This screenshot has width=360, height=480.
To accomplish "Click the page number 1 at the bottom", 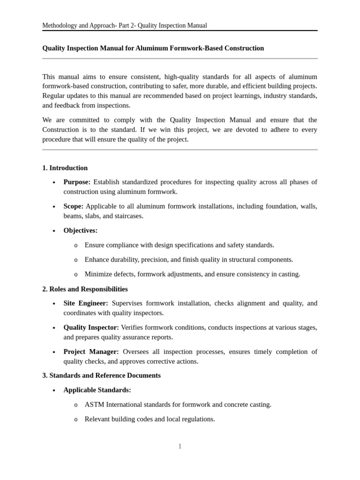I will (x=180, y=446).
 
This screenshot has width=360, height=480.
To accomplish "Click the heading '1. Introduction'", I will (x=65, y=168).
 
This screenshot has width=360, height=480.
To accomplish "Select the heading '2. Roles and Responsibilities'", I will (x=85, y=289).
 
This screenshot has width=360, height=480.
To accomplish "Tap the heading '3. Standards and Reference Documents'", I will (x=101, y=375).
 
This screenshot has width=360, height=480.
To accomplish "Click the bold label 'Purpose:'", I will (x=77, y=182).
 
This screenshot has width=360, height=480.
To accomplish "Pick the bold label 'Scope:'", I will (x=73, y=206).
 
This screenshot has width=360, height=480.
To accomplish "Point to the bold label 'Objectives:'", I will (x=81, y=230).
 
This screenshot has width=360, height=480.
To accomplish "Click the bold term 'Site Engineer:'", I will (x=86, y=303).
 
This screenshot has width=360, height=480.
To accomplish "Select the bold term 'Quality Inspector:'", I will (x=91, y=327).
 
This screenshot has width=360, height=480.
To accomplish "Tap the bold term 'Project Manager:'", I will (x=91, y=352).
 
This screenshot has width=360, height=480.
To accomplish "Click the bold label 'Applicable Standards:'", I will (x=97, y=390).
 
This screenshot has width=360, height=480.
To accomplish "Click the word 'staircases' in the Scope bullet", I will (x=127, y=216).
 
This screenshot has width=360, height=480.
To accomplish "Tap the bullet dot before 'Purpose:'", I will (x=54, y=182).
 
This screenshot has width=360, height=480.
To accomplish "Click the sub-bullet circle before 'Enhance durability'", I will (x=76, y=260).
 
